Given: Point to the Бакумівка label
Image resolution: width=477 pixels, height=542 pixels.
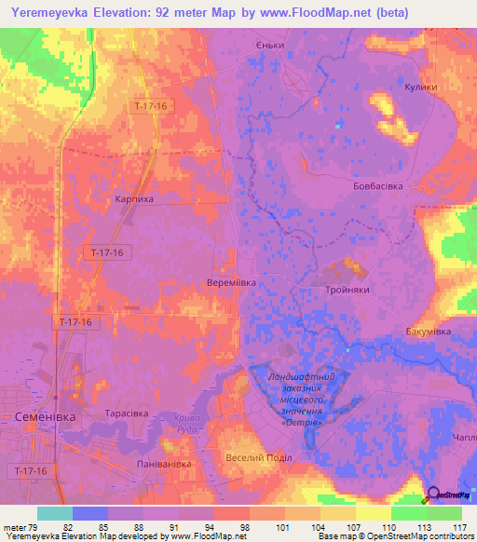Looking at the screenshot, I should [429, 332].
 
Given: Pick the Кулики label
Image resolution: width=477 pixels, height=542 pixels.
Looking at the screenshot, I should [421, 85].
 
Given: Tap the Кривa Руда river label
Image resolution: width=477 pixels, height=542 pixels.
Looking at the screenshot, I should [186, 425].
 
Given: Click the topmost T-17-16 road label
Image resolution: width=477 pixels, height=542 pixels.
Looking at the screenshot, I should [150, 106].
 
